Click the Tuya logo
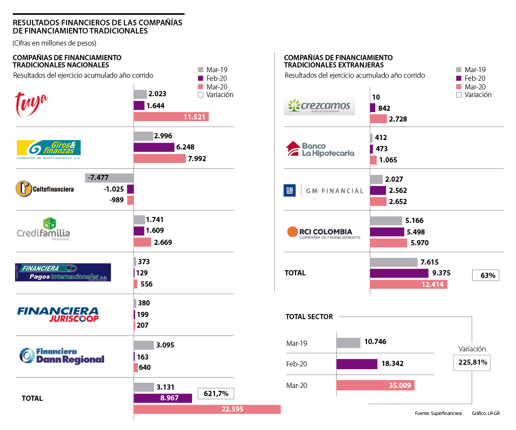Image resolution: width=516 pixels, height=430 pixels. click(31, 104)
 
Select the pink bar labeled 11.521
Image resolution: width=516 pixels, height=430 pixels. click(171, 116)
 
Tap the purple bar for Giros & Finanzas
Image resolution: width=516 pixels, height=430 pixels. click(154, 147)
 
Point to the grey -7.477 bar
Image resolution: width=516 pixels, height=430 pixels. click(109, 178)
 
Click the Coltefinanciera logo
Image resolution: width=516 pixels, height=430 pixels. click(45, 189)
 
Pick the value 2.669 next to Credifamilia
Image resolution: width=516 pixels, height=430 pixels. click(163, 242)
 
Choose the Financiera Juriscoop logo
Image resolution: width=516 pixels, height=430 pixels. click(58, 314)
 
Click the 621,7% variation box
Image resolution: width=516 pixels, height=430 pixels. click(216, 393)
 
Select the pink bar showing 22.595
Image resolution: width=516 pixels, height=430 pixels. click(207, 409)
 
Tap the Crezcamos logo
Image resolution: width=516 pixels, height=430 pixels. click(319, 106)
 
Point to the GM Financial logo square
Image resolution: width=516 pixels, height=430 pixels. click(290, 190)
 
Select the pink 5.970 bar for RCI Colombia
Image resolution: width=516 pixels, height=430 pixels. click(388, 243)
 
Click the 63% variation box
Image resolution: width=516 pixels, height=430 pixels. click(485, 274)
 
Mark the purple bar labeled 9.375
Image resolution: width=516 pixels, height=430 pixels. click(399, 273)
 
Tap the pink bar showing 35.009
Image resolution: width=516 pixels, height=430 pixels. click(375, 385)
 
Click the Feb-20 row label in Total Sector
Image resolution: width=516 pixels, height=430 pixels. click(297, 364)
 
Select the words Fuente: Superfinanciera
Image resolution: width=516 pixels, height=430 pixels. click(438, 413)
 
